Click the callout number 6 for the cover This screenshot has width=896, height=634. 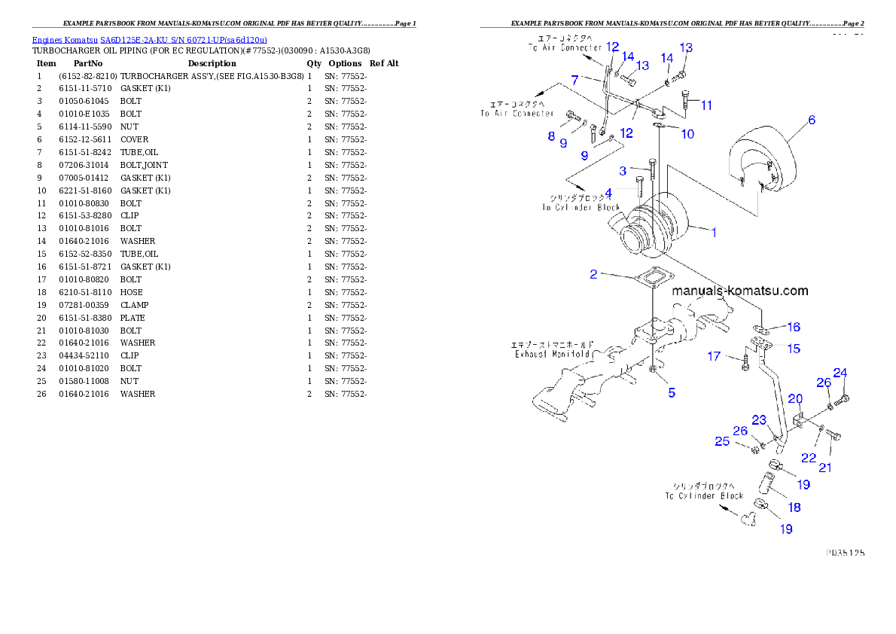811,120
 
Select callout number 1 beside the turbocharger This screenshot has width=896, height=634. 714,233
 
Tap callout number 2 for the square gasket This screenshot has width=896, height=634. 593,274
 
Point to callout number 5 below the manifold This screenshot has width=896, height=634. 672,392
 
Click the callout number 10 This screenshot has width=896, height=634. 687,134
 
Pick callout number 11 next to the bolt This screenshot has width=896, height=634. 706,105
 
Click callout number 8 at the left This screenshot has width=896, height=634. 551,136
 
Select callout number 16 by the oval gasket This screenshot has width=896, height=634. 794,327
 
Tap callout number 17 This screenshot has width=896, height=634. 714,356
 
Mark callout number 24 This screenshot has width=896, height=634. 840,373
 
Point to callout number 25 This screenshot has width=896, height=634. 722,441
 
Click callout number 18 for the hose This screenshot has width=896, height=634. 794,507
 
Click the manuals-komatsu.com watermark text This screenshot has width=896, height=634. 739,291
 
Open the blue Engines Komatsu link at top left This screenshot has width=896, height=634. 149,40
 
